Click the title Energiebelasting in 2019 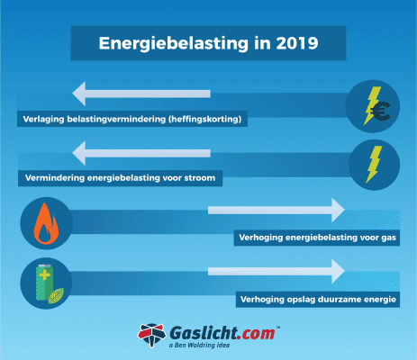(207, 41)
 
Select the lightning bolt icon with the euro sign (373, 103)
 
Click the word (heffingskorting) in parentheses (207, 119)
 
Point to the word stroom (196, 179)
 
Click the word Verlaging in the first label (40, 119)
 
